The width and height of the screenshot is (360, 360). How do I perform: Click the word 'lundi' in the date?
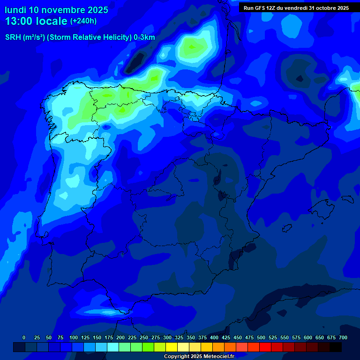tap(15, 10)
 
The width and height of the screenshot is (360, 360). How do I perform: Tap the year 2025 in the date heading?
tap(95, 10)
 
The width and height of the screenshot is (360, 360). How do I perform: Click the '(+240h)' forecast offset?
tap(83, 21)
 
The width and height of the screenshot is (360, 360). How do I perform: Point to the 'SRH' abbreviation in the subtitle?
tap(13, 37)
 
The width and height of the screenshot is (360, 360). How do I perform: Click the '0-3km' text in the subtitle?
tap(144, 37)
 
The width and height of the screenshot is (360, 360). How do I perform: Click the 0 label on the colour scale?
tap(24, 337)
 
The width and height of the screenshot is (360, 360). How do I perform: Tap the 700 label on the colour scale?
tap(343, 337)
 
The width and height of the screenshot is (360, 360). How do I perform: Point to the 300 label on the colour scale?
tap(167, 337)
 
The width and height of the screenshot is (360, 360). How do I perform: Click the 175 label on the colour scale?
tap(109, 337)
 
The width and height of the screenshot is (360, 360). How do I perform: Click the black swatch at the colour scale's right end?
tap(336, 347)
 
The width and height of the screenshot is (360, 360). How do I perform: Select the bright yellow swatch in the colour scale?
tap(172, 347)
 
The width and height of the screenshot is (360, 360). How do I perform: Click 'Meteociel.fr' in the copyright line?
tap(217, 357)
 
